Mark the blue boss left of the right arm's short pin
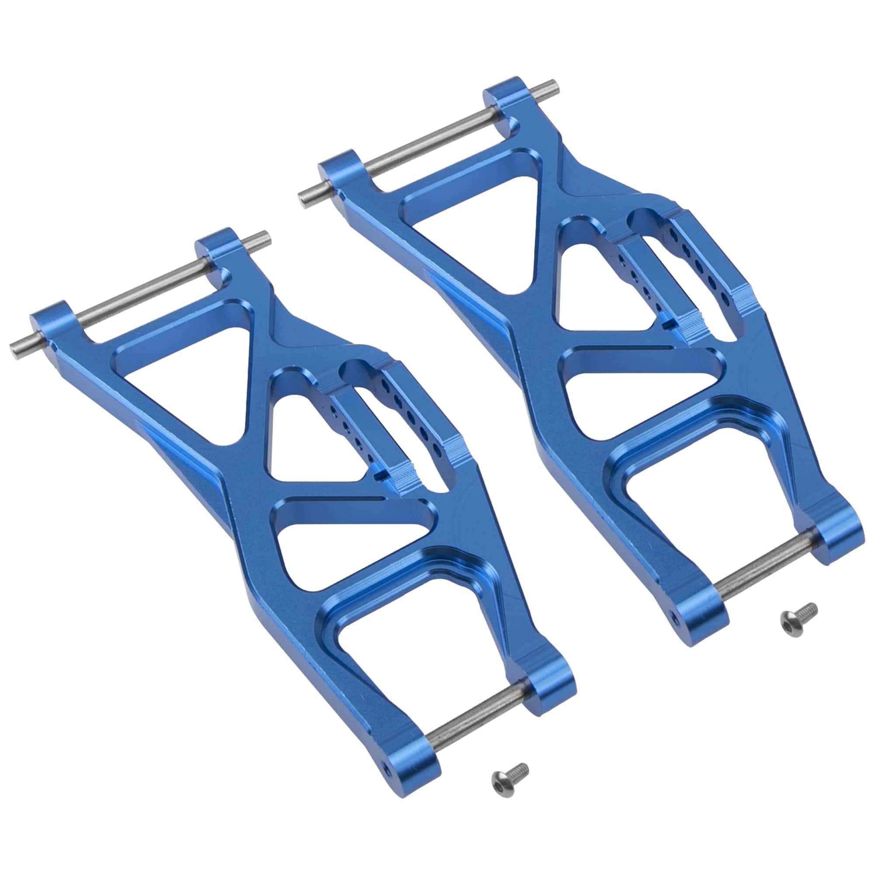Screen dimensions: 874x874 pyautogui.click(x=706, y=606)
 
